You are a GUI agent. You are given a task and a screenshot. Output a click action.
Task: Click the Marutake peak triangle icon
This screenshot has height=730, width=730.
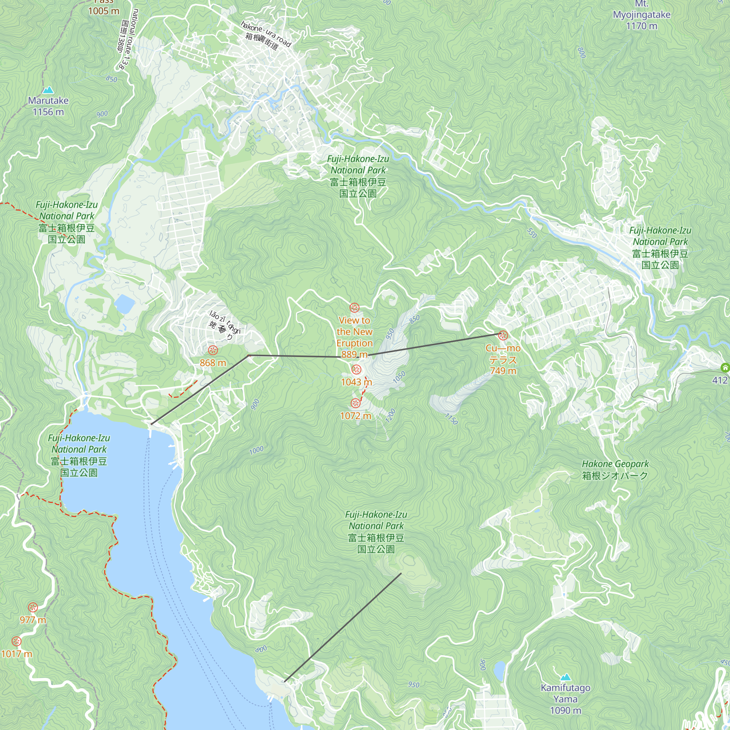[x=48, y=90]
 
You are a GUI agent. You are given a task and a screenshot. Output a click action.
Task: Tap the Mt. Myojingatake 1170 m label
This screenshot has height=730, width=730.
[x=641, y=15]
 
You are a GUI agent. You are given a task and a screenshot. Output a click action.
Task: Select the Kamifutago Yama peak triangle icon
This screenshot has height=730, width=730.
[x=565, y=677]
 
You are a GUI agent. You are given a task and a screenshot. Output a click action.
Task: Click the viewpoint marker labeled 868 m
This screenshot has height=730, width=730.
[x=213, y=350]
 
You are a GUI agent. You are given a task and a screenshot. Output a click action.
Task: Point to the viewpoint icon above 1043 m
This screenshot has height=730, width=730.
[x=356, y=369]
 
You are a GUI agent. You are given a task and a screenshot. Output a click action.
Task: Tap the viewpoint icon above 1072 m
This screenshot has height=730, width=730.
[x=356, y=403]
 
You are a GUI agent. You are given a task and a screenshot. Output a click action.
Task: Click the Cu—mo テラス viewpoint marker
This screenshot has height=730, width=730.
[x=503, y=335]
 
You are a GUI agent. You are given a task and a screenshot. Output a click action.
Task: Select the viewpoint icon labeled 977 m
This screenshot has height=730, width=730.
[x=33, y=608]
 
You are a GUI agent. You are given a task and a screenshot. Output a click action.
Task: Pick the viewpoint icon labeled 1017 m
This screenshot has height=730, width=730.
[x=16, y=641]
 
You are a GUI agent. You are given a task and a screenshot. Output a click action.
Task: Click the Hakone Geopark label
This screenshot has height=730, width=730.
[x=615, y=469]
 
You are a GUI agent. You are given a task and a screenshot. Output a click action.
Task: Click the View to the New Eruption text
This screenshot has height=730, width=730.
[x=354, y=332]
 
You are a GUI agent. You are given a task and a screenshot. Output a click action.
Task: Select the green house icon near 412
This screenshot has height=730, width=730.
[x=725, y=367]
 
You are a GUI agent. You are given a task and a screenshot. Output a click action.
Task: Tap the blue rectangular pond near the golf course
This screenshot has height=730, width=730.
[x=125, y=303]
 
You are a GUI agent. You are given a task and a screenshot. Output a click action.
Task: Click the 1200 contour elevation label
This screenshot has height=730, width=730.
[x=390, y=416]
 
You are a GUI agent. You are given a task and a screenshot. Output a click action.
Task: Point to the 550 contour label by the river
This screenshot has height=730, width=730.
[x=532, y=233]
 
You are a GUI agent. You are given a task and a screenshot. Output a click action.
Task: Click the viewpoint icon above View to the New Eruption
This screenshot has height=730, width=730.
[x=354, y=308]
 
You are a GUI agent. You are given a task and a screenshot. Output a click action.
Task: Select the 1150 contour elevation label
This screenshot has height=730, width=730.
[x=451, y=419]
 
